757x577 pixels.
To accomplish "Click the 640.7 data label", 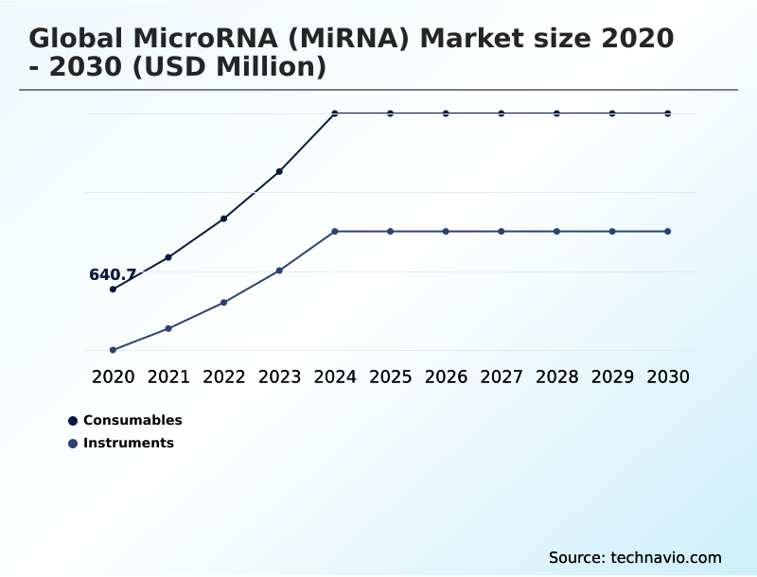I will point(113,275).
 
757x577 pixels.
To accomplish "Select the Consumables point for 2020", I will point(113,289).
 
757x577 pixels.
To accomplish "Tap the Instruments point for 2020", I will point(113,350).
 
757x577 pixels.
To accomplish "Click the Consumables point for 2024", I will point(335,114).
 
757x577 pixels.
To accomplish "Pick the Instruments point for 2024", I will point(335,232).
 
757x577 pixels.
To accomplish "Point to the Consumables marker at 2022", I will point(224,219).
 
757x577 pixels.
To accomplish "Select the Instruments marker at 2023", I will point(279,271).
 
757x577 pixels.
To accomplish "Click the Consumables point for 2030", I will point(668,114).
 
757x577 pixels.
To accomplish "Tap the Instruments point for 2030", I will point(668,232).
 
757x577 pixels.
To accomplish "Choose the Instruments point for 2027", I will point(502,232).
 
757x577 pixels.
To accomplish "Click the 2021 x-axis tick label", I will point(168,376).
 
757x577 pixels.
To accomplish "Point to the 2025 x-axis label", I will point(390,376).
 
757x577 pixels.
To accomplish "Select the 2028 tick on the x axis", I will point(556,376).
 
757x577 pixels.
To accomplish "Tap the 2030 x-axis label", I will point(668,376).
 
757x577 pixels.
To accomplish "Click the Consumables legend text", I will point(132,420).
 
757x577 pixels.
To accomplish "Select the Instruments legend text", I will point(129,443).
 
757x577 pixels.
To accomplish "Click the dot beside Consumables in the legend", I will point(73,421).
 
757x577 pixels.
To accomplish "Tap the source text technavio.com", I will point(666,557).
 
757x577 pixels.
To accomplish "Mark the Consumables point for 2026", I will point(446,114).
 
